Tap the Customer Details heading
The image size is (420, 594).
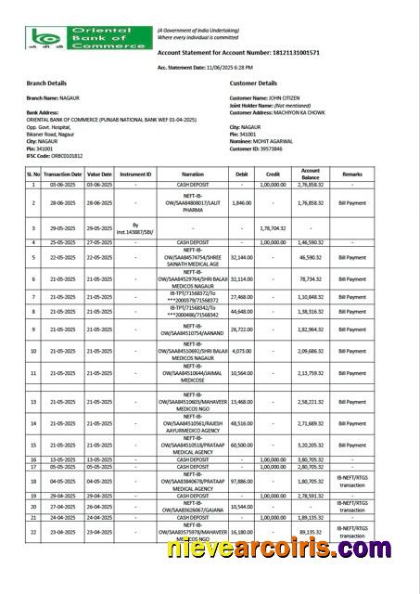(x=253, y=83)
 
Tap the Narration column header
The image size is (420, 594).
(x=192, y=174)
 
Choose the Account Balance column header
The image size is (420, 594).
(x=310, y=174)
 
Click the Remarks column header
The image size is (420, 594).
(x=352, y=174)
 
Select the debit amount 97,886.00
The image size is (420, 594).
(x=240, y=481)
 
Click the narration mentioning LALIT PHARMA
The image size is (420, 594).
(x=192, y=201)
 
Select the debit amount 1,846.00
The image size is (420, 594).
(x=240, y=201)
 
